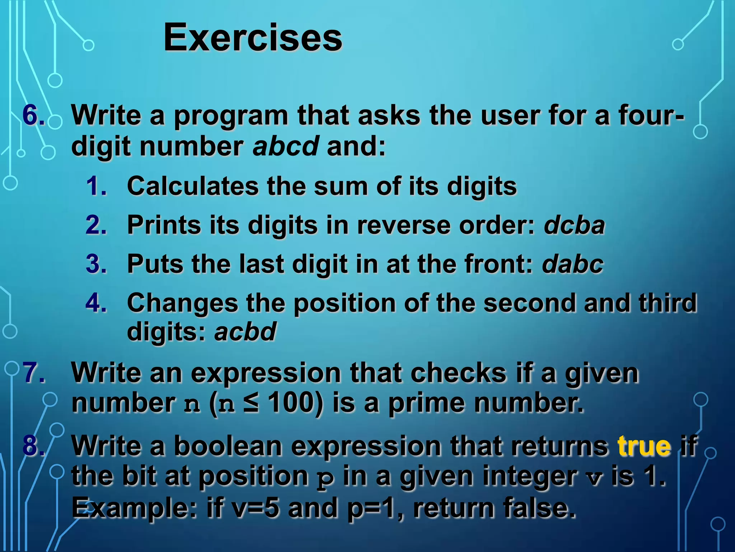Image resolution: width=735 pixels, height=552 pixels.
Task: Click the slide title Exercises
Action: point(253,37)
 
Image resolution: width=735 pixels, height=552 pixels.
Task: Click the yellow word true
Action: point(644,446)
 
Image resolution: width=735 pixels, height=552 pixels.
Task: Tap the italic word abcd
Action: point(285,146)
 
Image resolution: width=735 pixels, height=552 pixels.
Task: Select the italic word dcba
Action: point(574,225)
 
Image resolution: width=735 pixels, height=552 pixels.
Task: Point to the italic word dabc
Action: point(573,264)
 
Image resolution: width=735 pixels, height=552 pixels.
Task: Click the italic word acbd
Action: point(245,331)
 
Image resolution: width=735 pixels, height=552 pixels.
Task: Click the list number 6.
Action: point(33,115)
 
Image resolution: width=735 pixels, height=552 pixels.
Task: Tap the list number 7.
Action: point(33,372)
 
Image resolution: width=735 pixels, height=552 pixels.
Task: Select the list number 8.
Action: point(33,446)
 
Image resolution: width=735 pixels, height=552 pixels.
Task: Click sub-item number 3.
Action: point(96,264)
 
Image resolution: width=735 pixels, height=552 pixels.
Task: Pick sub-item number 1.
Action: point(96,186)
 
